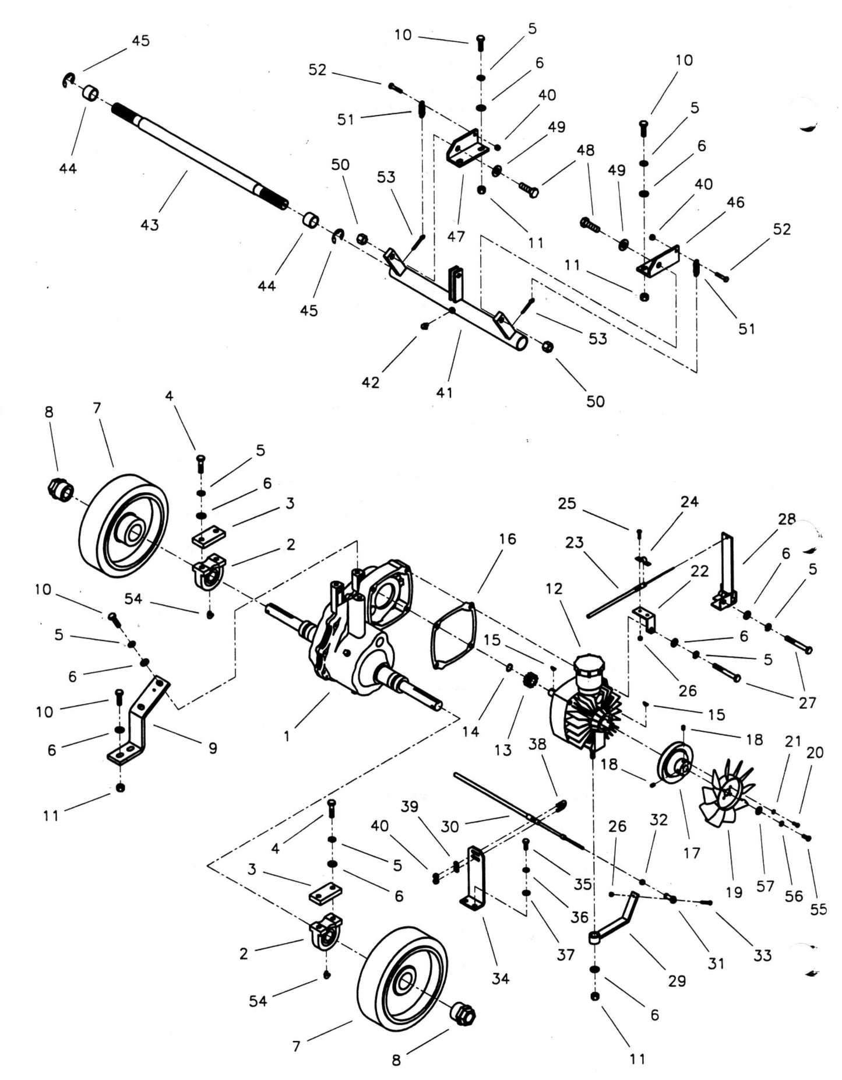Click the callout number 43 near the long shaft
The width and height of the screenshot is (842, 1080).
[x=150, y=225]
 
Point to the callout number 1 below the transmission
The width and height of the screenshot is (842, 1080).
[x=287, y=737]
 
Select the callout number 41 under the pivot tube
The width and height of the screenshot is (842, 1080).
[x=444, y=392]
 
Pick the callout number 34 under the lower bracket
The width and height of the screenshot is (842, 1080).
[x=500, y=978]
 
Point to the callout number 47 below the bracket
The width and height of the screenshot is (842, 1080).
[x=456, y=236]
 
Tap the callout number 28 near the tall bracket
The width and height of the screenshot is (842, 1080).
[x=786, y=519]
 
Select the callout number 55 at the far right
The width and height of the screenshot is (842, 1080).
[x=818, y=909]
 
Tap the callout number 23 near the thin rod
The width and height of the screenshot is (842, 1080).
[x=574, y=542]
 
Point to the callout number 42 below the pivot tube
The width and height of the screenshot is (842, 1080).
[x=371, y=383]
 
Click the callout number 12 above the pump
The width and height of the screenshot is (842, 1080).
[x=554, y=588]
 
